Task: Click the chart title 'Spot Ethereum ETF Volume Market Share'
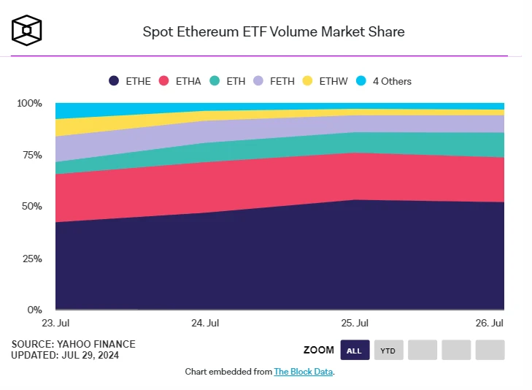tap(273, 31)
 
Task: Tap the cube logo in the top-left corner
tap(26, 30)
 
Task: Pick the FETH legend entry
tap(274, 81)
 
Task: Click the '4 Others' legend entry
tap(382, 81)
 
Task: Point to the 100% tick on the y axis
tap(29, 104)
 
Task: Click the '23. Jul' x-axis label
tap(55, 323)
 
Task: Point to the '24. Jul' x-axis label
tap(205, 323)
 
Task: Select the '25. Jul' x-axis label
tap(355, 323)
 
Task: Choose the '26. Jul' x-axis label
tap(490, 323)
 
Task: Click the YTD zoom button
tap(389, 351)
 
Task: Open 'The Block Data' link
tap(303, 372)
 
